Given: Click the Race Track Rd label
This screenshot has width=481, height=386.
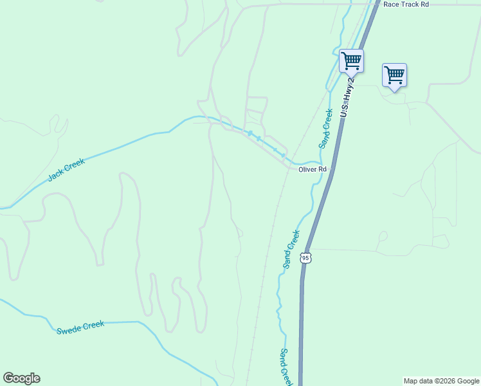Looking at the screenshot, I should tap(405, 4).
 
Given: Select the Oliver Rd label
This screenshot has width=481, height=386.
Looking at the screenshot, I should tap(313, 169).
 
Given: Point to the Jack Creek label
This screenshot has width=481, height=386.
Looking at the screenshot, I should tap(66, 170).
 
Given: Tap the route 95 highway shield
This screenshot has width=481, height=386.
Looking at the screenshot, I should tap(306, 258).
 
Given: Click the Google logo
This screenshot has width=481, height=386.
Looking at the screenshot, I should tap(21, 378).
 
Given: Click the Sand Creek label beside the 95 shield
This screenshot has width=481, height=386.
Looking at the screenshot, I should tap(292, 249).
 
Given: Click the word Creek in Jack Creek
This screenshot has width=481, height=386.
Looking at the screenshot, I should tap(75, 165).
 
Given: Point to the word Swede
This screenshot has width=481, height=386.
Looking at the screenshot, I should tap(69, 330).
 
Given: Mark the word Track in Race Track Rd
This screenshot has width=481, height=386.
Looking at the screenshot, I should tap(409, 4).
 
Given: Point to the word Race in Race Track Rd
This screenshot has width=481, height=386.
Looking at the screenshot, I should tap(390, 4).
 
